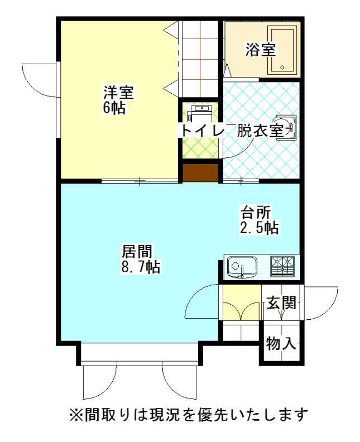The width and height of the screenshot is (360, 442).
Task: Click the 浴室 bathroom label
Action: coord(261,50)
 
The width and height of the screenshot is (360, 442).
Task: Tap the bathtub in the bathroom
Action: coord(282,50)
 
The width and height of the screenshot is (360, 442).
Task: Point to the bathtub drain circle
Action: coord(282,68)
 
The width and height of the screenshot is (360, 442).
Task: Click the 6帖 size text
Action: coord(114,107)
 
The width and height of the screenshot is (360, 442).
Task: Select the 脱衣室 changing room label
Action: coord(260,131)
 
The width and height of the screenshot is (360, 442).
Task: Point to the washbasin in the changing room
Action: coord(286,127)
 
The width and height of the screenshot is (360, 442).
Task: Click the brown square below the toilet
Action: coord(200,172)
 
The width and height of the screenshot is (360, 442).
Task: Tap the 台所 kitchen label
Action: coord(256,213)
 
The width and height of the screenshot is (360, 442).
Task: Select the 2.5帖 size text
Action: coord(260,228)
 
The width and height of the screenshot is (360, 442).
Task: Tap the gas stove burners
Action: coord(282,266)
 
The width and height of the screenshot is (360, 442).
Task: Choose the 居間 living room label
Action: coord(137,251)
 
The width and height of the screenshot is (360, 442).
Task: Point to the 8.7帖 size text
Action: coord(141,267)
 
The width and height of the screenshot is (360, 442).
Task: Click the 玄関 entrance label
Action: coord(282,303)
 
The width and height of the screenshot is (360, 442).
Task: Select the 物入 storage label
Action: coord(282,343)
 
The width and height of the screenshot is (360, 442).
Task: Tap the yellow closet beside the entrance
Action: coord(242,302)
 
